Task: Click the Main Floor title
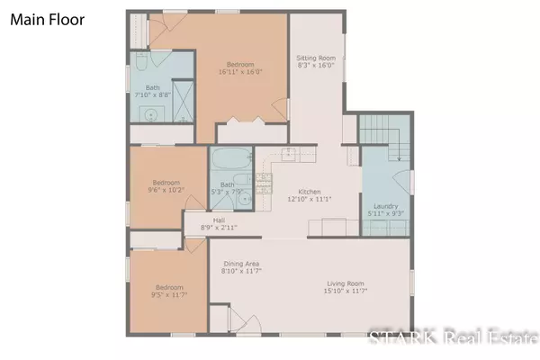coord(47,20)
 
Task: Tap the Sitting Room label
coord(316,58)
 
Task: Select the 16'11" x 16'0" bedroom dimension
coord(240,72)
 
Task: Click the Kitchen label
coord(310,192)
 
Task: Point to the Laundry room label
coord(386,206)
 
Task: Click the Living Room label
coord(346,283)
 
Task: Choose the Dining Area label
coord(241,264)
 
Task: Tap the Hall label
coord(219,220)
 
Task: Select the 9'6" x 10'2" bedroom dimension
coord(166,190)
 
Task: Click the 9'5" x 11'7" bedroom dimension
coord(169,295)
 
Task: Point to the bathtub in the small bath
coord(231,158)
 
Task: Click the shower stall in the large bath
coord(183,102)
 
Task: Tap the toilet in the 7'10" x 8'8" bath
coord(141,61)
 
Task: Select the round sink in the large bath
coord(150,114)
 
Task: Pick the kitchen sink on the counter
coord(289,154)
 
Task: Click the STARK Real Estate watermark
coord(454,337)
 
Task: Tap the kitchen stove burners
coord(264,184)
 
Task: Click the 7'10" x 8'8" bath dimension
coord(153,95)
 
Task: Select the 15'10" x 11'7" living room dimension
coord(346,291)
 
